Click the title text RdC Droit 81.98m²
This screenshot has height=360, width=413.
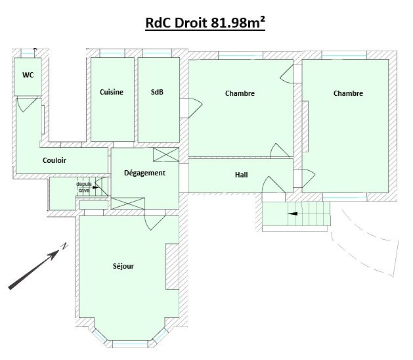click(x=205, y=23)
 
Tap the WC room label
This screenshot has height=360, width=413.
click(x=28, y=75)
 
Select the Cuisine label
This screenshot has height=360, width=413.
click(x=112, y=92)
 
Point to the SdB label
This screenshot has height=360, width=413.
click(x=157, y=92)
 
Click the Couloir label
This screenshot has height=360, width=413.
click(x=54, y=160)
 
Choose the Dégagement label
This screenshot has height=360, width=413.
click(x=144, y=173)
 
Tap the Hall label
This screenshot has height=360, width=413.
click(x=241, y=175)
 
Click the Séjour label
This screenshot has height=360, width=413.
click(x=123, y=266)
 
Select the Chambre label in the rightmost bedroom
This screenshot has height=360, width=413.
click(x=348, y=93)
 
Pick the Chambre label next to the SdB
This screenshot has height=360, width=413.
click(x=240, y=93)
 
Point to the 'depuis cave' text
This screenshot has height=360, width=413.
click(x=84, y=187)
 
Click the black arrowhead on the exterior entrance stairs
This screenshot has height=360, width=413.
click(x=293, y=214)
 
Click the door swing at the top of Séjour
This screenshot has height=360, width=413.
click(x=155, y=223)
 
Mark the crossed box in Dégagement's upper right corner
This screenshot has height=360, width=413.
click(x=166, y=154)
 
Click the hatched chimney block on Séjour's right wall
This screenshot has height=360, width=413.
click(x=172, y=267)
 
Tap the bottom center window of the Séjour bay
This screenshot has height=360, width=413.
click(x=130, y=344)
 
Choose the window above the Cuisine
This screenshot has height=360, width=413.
click(x=112, y=53)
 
